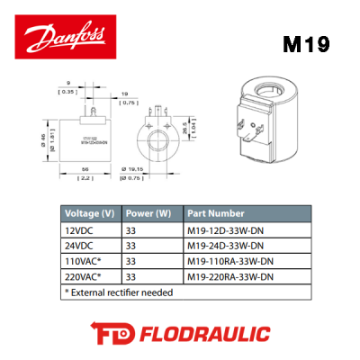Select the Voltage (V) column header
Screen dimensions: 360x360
pyautogui.click(x=88, y=214)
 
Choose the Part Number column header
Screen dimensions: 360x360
pyautogui.click(x=216, y=214)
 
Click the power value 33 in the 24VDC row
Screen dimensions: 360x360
pyautogui.click(x=131, y=246)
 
